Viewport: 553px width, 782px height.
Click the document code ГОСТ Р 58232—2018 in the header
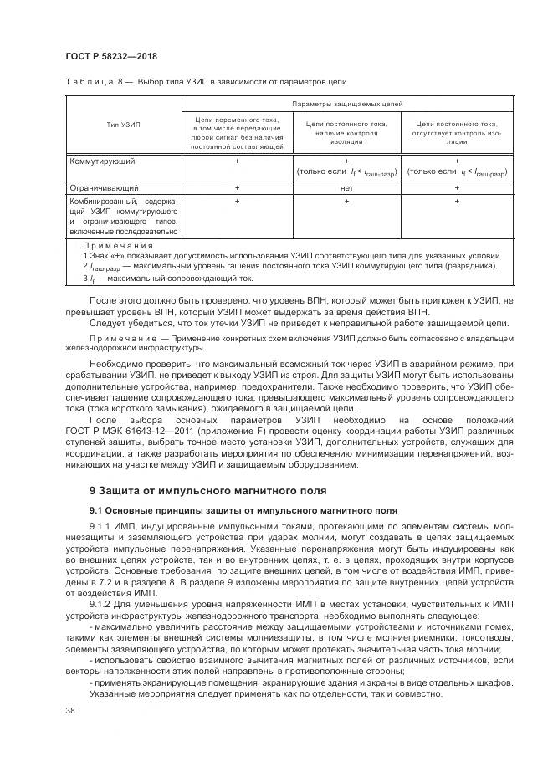[x=110, y=56]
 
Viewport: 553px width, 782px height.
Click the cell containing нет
[x=346, y=188]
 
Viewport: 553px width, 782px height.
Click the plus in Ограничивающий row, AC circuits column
[x=237, y=188]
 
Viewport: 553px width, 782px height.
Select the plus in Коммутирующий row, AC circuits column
[x=237, y=160]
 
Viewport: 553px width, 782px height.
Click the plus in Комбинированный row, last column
[x=456, y=202]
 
